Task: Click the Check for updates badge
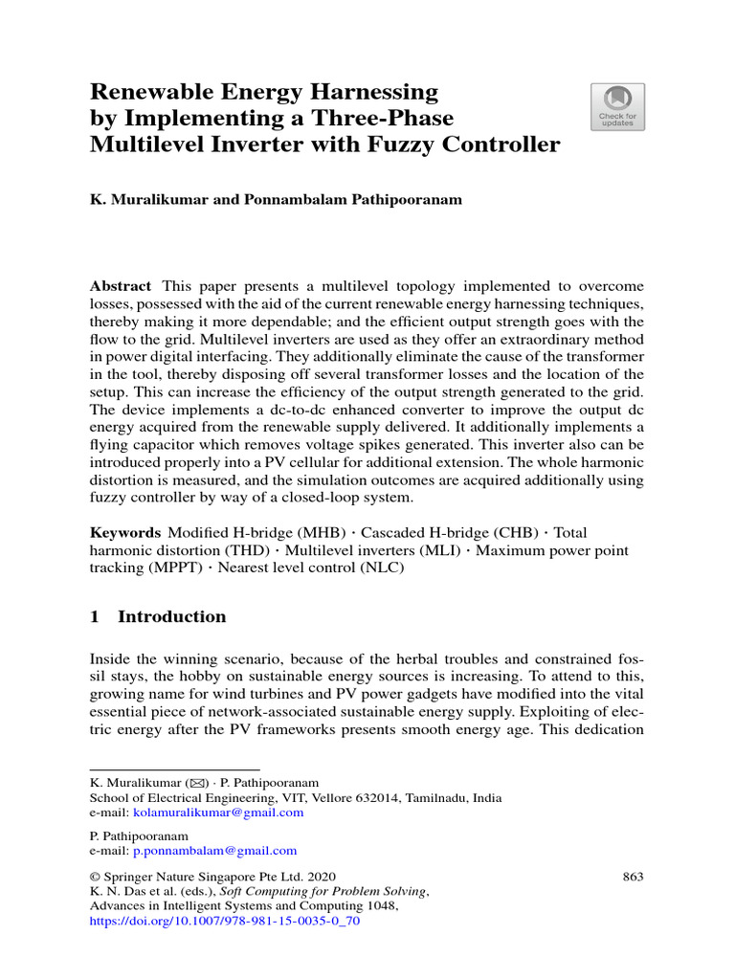click(617, 105)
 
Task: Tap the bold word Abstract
click(121, 286)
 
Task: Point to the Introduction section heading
click(171, 616)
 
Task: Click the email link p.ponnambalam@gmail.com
click(214, 850)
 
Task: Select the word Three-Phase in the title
click(394, 119)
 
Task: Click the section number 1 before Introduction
click(95, 616)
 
